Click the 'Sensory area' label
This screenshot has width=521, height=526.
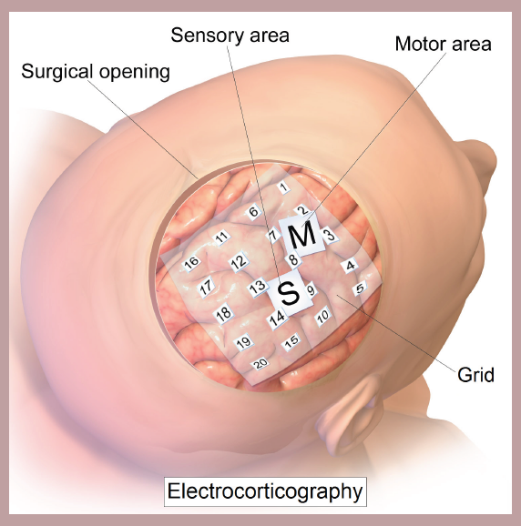click(230, 35)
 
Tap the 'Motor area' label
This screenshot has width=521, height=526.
click(443, 44)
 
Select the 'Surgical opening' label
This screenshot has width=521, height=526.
click(96, 72)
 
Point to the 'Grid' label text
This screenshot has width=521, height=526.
click(475, 375)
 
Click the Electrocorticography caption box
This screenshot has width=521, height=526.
click(265, 491)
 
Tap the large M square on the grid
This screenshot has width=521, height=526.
click(302, 236)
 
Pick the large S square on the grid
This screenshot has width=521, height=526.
click(290, 293)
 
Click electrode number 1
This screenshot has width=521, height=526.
click(283, 187)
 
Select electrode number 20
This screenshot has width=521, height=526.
click(260, 363)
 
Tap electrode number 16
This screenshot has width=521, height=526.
click(191, 263)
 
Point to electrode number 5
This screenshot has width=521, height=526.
click(360, 288)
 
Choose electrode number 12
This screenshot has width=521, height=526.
click(239, 261)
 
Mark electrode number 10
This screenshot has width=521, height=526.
click(323, 316)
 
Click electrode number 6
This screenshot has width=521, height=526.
click(253, 212)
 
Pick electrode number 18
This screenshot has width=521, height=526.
click(224, 314)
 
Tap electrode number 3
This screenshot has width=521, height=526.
click(331, 235)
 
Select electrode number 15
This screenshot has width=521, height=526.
click(291, 341)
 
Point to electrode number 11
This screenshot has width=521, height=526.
click(221, 238)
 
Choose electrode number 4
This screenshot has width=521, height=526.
click(350, 266)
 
